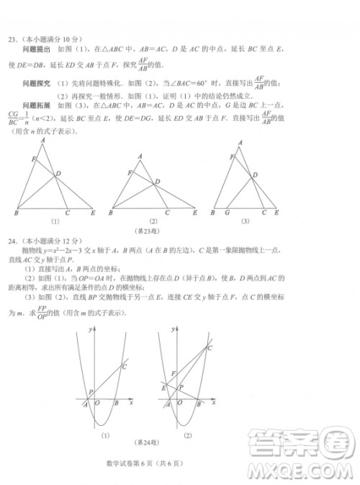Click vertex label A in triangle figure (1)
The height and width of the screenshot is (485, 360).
[44, 141]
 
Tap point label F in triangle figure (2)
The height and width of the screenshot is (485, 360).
[129, 172]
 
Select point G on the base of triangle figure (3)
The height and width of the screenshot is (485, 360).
[228, 214]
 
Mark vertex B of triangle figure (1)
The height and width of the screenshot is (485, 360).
[16, 214]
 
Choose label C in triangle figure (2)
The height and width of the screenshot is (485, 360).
[167, 214]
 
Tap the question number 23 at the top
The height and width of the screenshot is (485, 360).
[12, 38]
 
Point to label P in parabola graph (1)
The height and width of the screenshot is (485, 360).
[90, 393]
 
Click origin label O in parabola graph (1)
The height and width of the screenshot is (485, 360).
[96, 405]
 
